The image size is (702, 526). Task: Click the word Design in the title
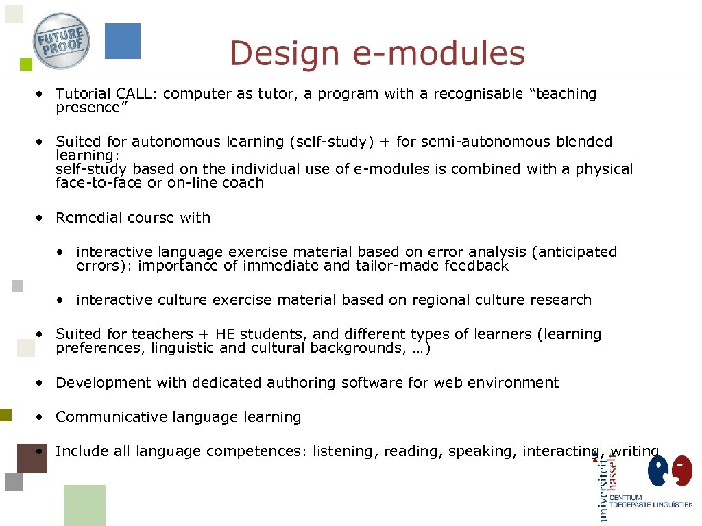pos(284,54)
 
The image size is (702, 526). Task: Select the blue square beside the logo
pos(123,40)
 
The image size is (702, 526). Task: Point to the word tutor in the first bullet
pos(275,94)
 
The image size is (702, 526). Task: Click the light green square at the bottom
pos(84,505)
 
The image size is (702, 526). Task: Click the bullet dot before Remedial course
pos(42,217)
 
